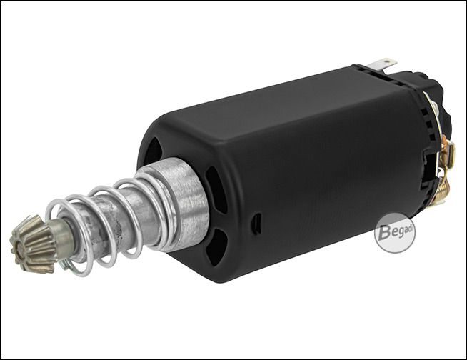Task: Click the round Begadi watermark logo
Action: pyautogui.click(x=395, y=233)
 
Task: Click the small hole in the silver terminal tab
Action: pyautogui.click(x=387, y=61)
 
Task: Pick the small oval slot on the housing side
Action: pyautogui.click(x=256, y=224)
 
